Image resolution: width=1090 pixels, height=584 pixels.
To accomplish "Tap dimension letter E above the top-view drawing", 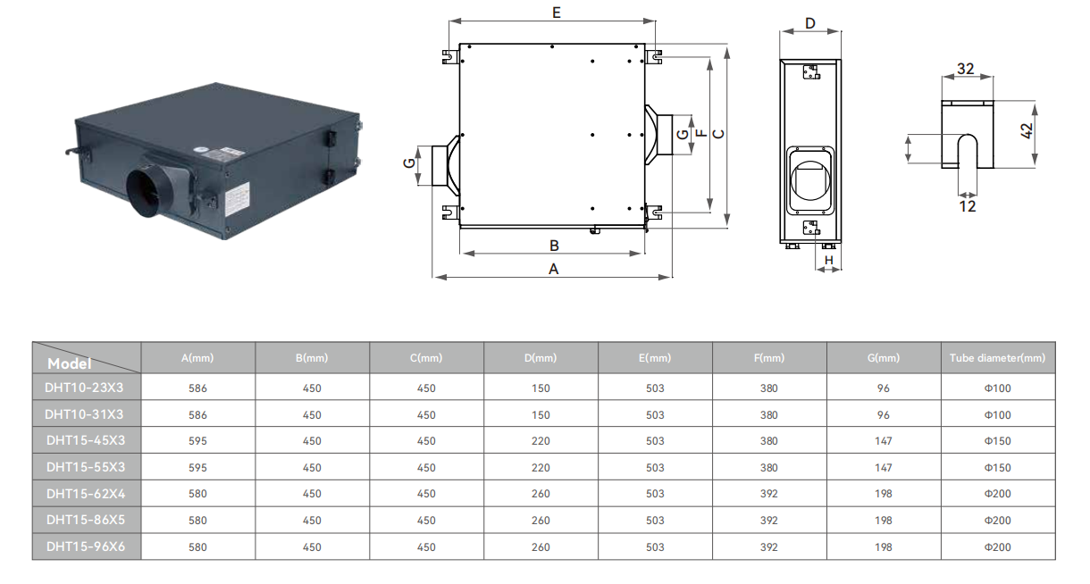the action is click(x=557, y=13).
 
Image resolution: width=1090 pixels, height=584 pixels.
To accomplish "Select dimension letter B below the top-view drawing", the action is click(x=554, y=246).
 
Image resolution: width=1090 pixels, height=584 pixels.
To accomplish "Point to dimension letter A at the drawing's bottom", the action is click(x=553, y=269).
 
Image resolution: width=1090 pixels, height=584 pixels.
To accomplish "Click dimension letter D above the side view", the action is click(x=809, y=23).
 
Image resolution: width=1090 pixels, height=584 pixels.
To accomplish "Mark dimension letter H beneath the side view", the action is click(x=829, y=260).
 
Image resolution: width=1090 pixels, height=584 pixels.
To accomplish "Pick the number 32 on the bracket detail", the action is click(x=966, y=69).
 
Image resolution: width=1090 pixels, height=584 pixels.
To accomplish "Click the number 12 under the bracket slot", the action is click(x=968, y=206).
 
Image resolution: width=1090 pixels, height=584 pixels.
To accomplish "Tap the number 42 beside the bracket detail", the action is click(x=1026, y=130).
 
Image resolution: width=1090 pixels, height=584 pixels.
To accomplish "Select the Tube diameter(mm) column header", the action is click(x=998, y=358).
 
